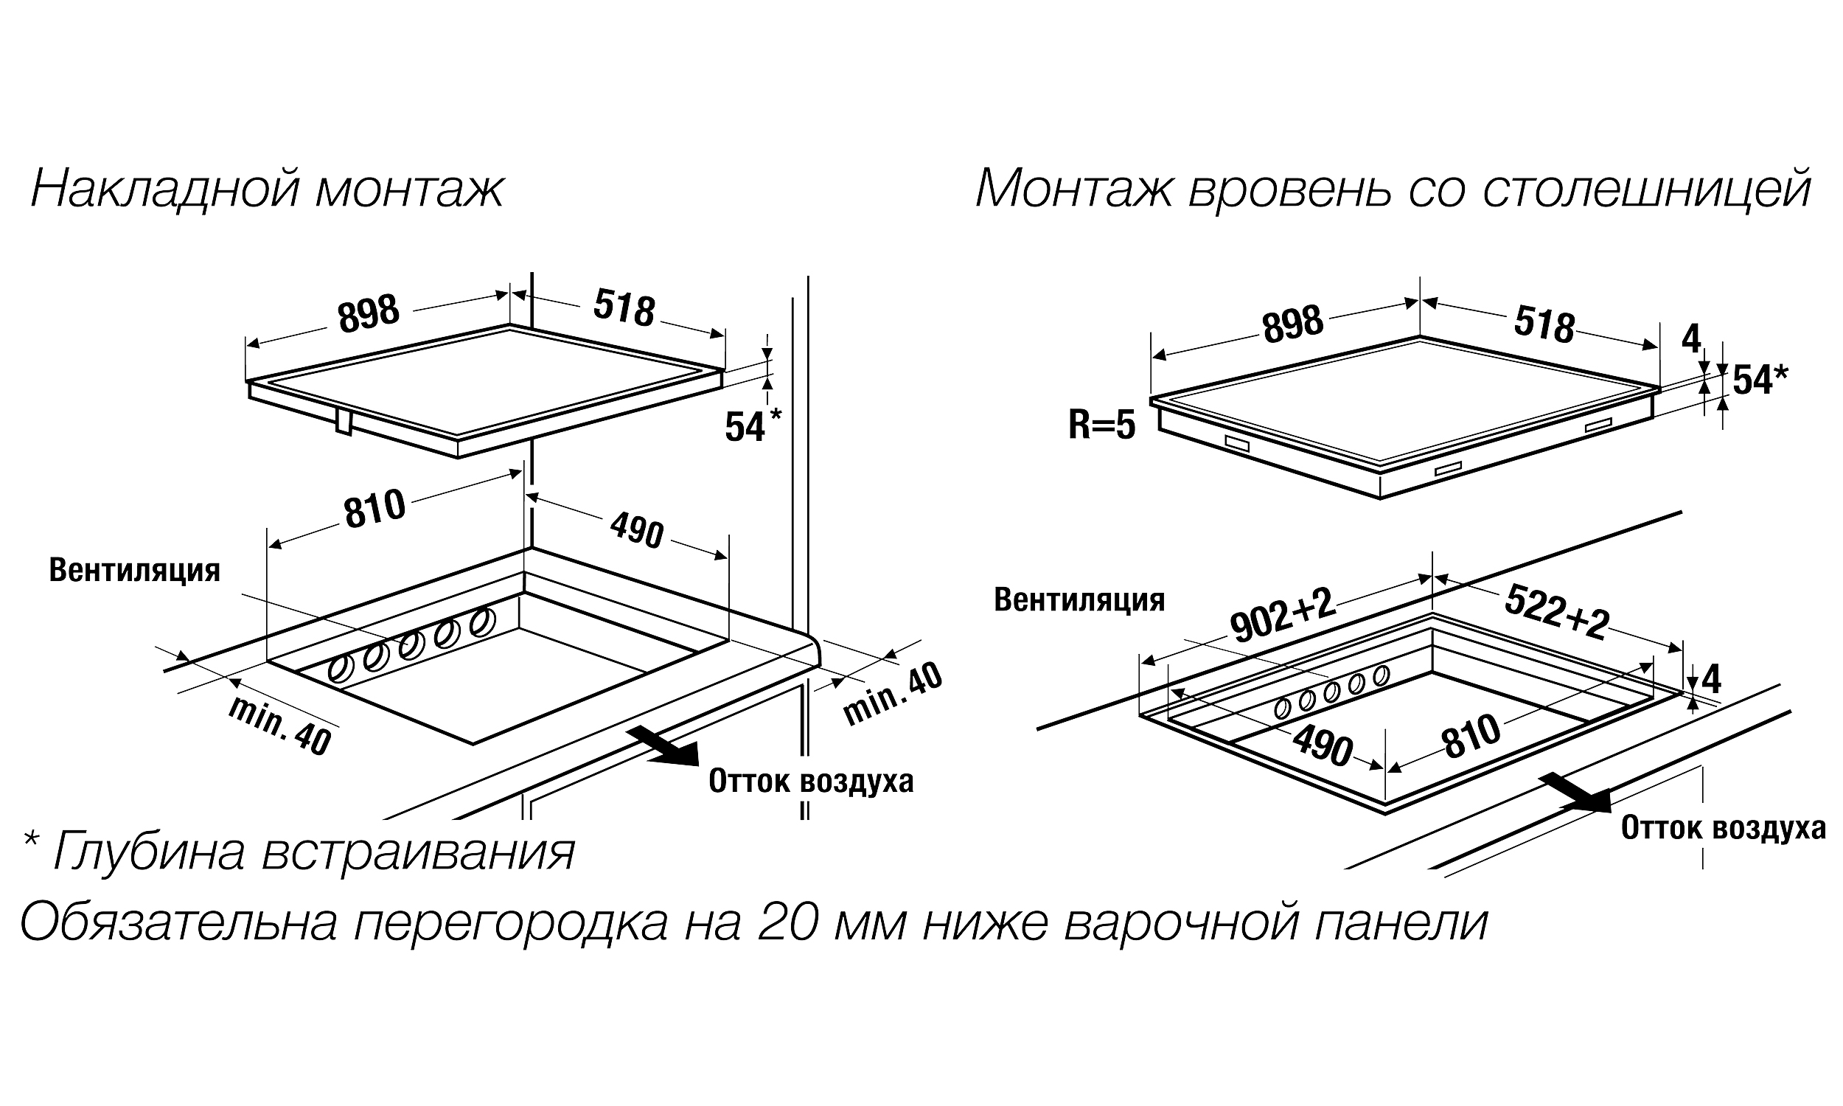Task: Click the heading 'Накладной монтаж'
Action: click(267, 189)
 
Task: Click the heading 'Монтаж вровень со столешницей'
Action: click(1393, 189)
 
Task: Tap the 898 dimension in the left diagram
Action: click(369, 313)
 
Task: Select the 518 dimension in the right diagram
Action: click(1544, 326)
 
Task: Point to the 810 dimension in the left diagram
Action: click(374, 509)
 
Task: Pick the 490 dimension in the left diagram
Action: click(637, 531)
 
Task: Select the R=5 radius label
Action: click(1102, 425)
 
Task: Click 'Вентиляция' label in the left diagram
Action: click(135, 570)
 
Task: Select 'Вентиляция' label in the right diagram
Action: click(1079, 600)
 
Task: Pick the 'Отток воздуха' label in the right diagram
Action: click(1723, 829)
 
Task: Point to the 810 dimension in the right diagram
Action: click(1471, 737)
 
